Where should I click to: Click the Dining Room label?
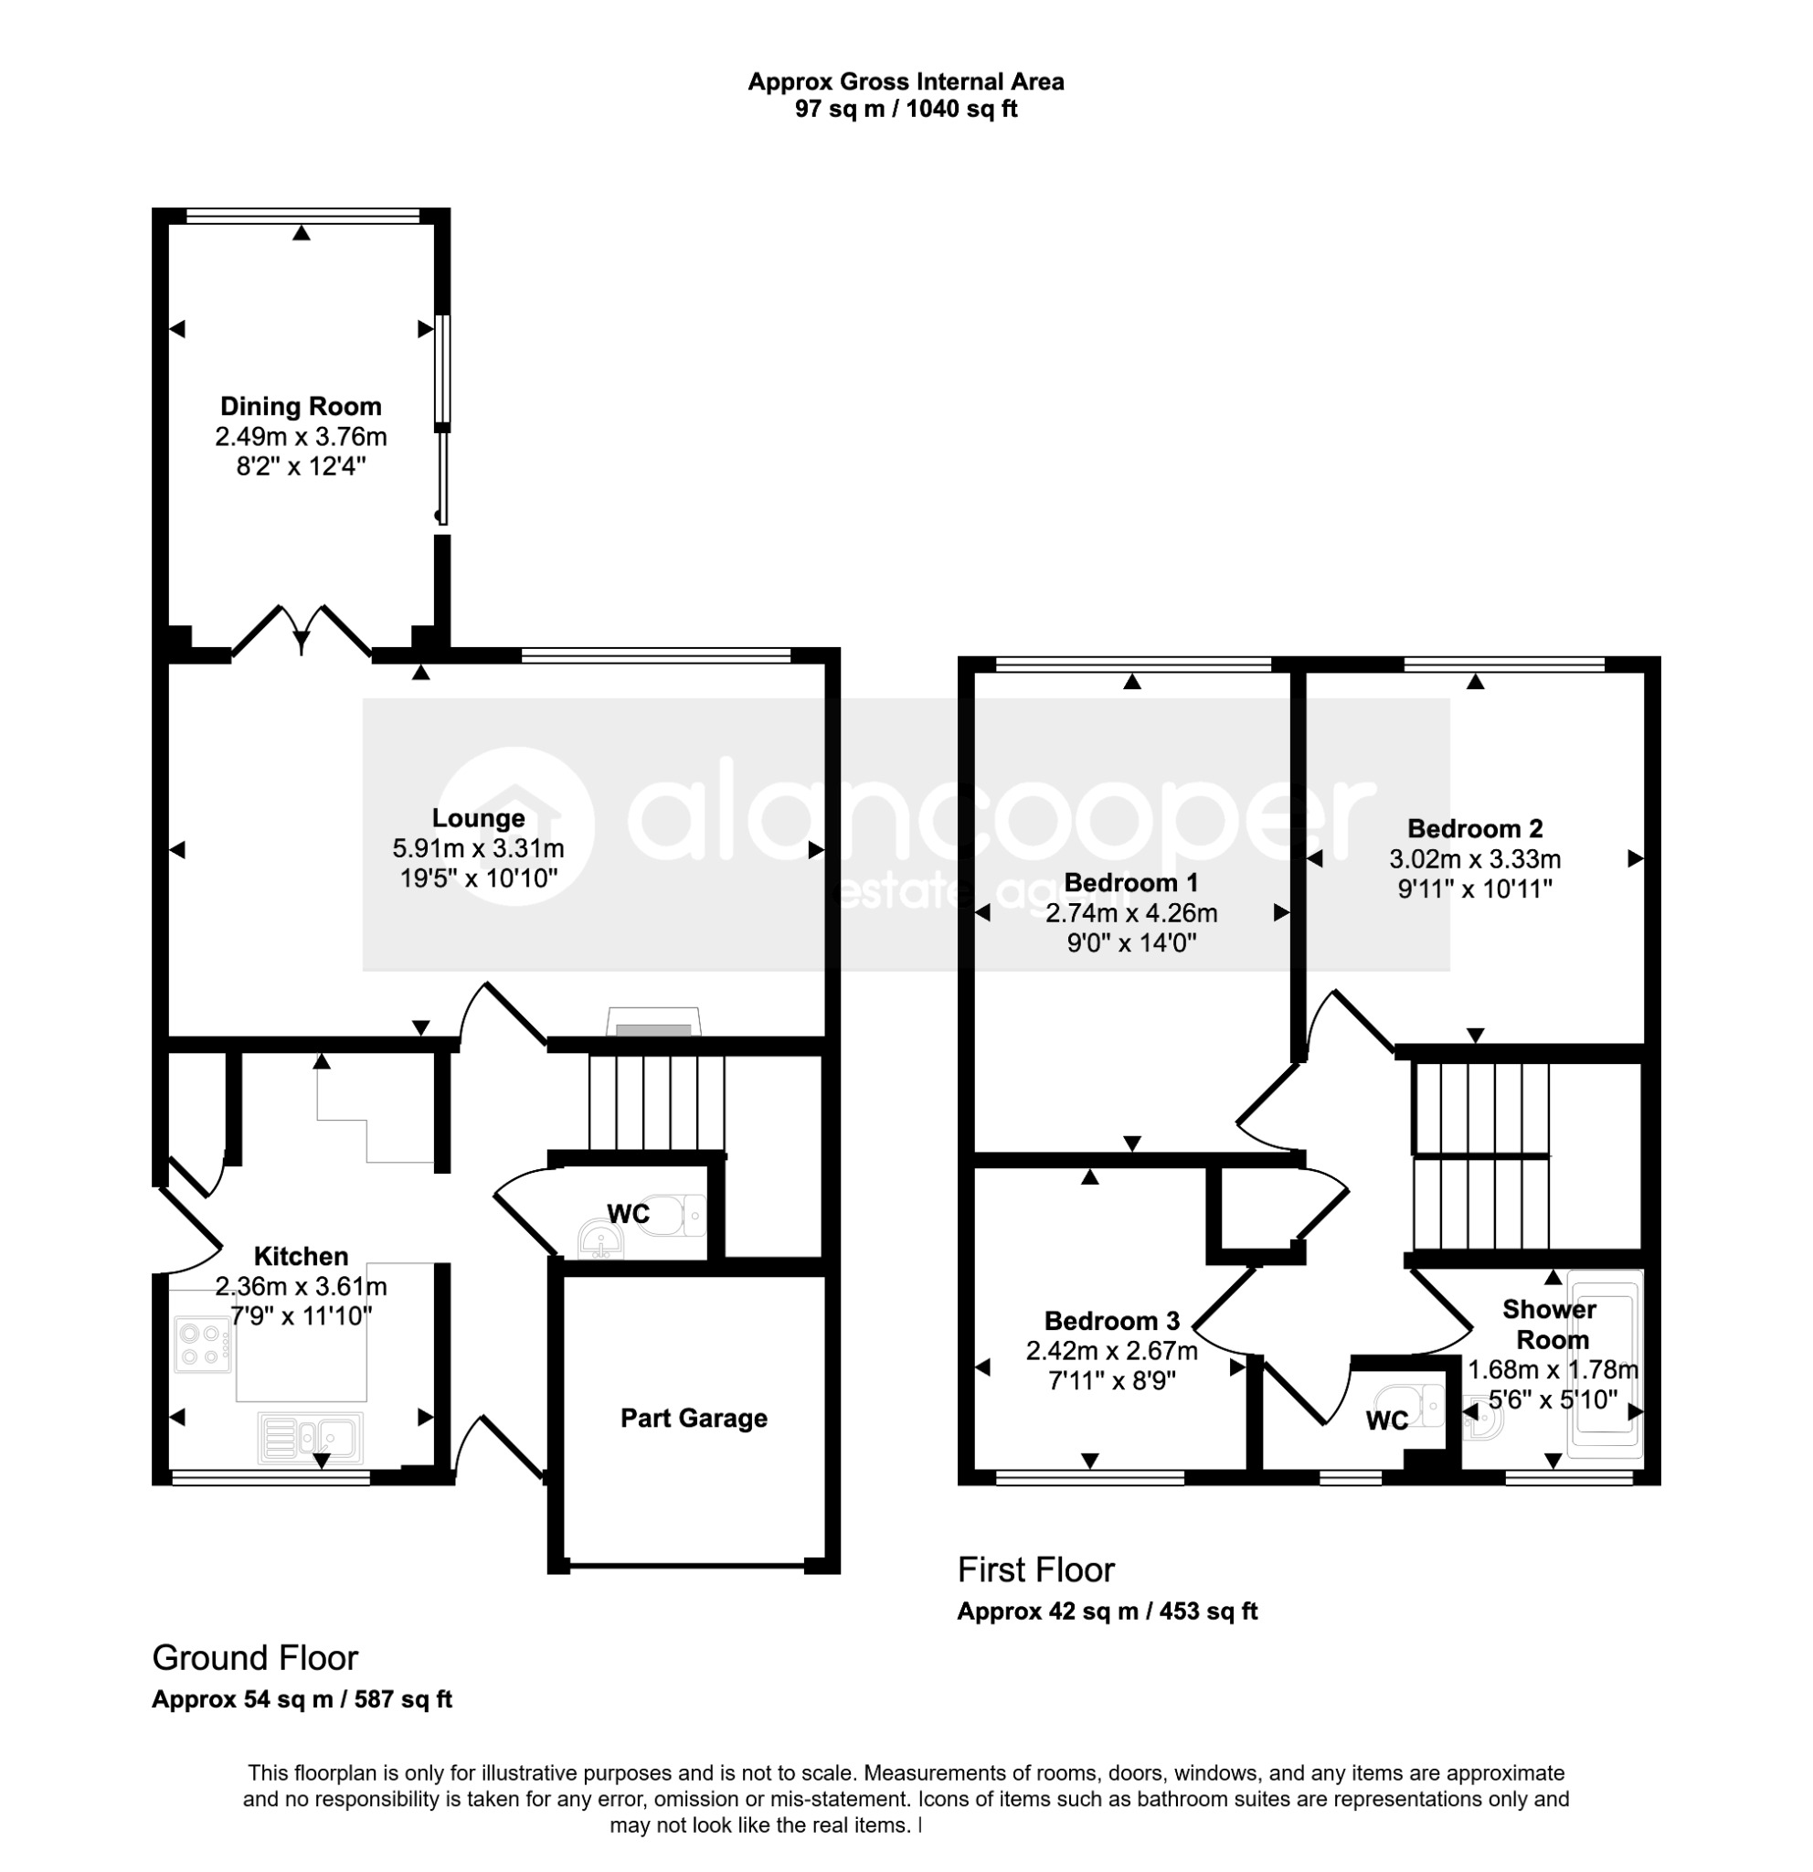tap(301, 407)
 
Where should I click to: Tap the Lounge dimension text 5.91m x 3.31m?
tap(478, 848)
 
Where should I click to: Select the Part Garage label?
tap(694, 1418)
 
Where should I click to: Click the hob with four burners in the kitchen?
tap(202, 1345)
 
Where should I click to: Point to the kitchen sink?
tap(311, 1438)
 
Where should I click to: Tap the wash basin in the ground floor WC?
tap(600, 1241)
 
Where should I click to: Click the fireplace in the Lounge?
tap(654, 1022)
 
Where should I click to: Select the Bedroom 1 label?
tap(1131, 882)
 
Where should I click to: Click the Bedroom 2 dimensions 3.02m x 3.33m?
tap(1475, 858)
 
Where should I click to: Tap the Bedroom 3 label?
tap(1112, 1321)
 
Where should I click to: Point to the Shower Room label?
tap(1551, 1324)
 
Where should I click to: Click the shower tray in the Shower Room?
tap(1607, 1365)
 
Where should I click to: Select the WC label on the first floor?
tap(1387, 1421)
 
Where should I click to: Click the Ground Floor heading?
tap(255, 1658)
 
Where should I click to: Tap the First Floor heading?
tap(1036, 1570)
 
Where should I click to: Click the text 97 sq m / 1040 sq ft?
tap(906, 109)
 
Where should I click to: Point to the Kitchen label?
tap(301, 1256)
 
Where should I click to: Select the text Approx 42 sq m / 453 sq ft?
tap(1108, 1611)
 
